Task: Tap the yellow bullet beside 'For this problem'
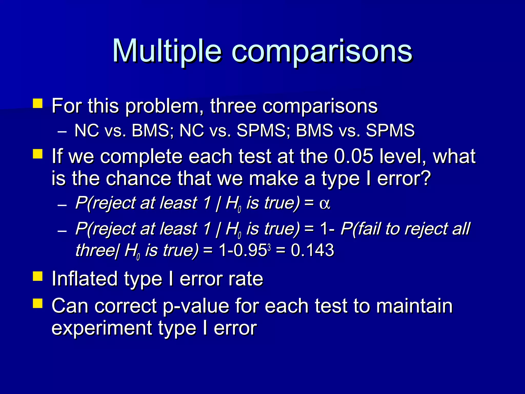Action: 38,104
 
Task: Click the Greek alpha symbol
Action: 325,204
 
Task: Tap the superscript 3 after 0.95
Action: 269,248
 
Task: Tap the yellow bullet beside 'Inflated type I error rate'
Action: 38,276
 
